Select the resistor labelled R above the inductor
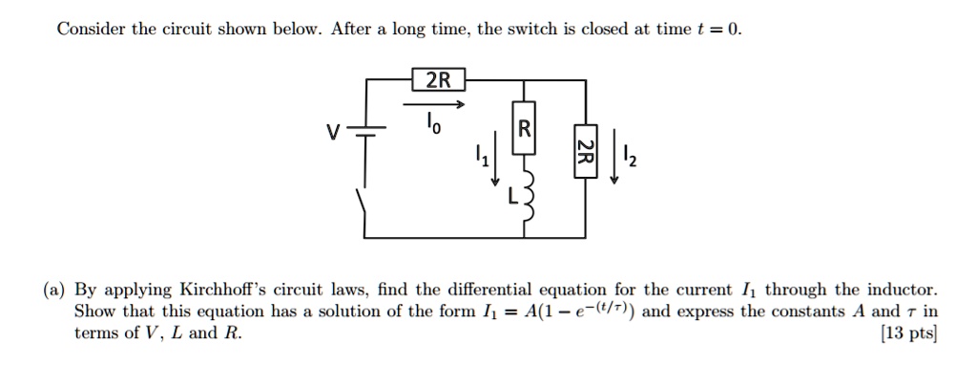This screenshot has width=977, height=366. coord(524,129)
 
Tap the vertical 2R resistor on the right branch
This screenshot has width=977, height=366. coord(588,151)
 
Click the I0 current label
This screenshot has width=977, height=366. coord(434,125)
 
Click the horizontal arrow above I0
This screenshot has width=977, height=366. coord(433,104)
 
